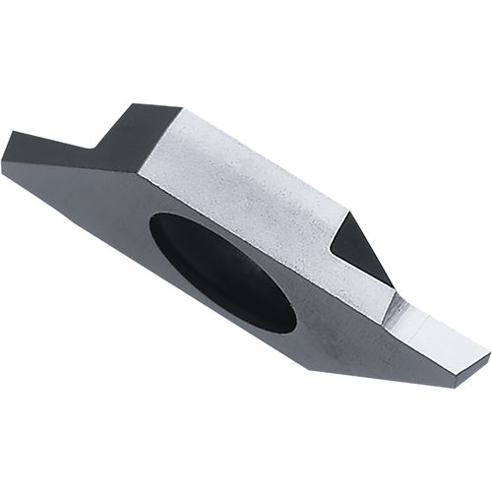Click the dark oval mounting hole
[x=222, y=271]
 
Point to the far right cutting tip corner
[x=489, y=347]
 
